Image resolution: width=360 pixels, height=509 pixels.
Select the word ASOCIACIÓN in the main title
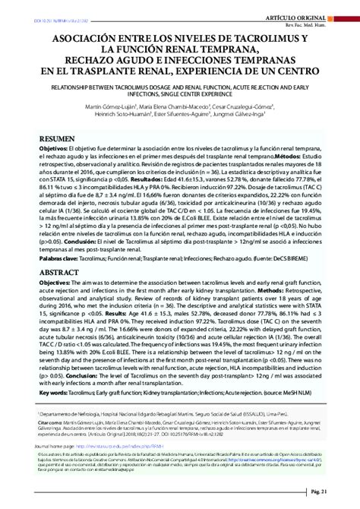73,38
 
